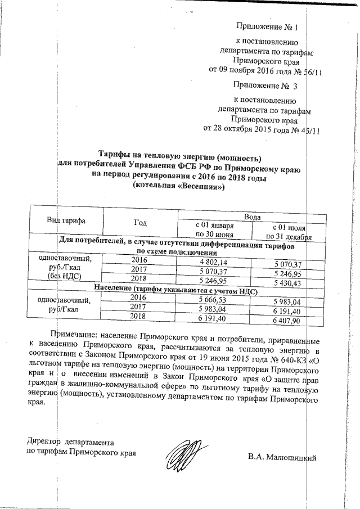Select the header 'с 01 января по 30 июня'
[214, 229]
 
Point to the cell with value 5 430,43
[288, 283]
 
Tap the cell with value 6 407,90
[288, 321]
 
